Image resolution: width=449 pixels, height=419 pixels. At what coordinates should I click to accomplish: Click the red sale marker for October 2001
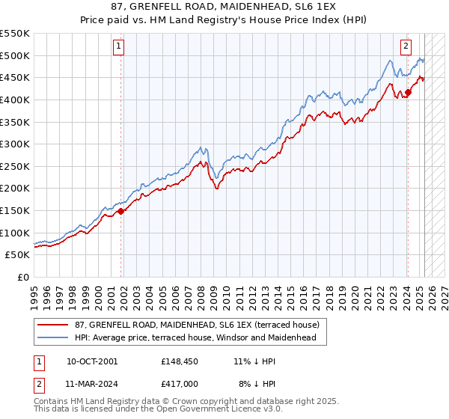(121, 211)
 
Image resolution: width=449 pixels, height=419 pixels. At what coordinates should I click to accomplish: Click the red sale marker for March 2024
(408, 93)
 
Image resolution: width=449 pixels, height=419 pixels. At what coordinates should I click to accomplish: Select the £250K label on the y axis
(15, 166)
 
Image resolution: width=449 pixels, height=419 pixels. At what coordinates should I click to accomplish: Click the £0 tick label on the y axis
(24, 277)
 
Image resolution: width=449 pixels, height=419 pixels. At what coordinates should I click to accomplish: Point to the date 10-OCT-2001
(92, 361)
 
